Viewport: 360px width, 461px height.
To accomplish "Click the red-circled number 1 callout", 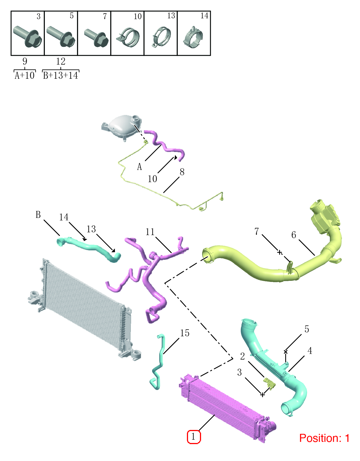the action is pyautogui.click(x=194, y=437).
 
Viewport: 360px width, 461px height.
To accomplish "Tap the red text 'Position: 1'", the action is pyautogui.click(x=324, y=438).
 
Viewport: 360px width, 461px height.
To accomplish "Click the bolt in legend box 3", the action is pyautogui.click(x=27, y=37).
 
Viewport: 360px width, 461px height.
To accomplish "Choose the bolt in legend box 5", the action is pyautogui.click(x=61, y=36).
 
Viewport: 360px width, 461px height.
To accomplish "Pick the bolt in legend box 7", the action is pyautogui.click(x=96, y=38).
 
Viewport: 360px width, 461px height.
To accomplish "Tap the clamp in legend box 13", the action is pyautogui.click(x=162, y=37).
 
